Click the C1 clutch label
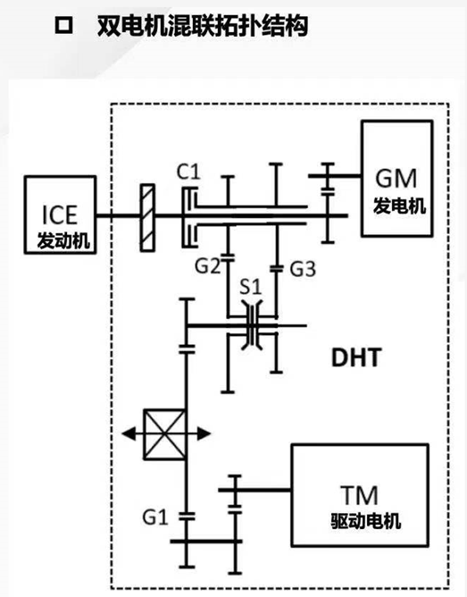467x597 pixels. pos(188,172)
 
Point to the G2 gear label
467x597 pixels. pos(207,265)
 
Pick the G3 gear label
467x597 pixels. pos(303,269)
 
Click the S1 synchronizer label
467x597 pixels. pos(251,287)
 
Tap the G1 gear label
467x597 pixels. pos(155,517)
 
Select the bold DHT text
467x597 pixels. pos(356,357)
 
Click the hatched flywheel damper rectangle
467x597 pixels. pos(147,217)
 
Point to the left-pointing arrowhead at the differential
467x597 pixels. pos(129,433)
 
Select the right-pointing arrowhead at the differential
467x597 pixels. pos(204,433)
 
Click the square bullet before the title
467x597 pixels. pos(63,26)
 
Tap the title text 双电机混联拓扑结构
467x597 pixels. pos(203,26)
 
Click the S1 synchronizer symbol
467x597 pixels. pos(252,325)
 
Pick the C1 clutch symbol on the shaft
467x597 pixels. pos(189,217)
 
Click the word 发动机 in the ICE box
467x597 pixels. pos(63,240)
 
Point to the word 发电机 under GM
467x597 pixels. pos(399,206)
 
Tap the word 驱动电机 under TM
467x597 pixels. pos(366,520)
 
